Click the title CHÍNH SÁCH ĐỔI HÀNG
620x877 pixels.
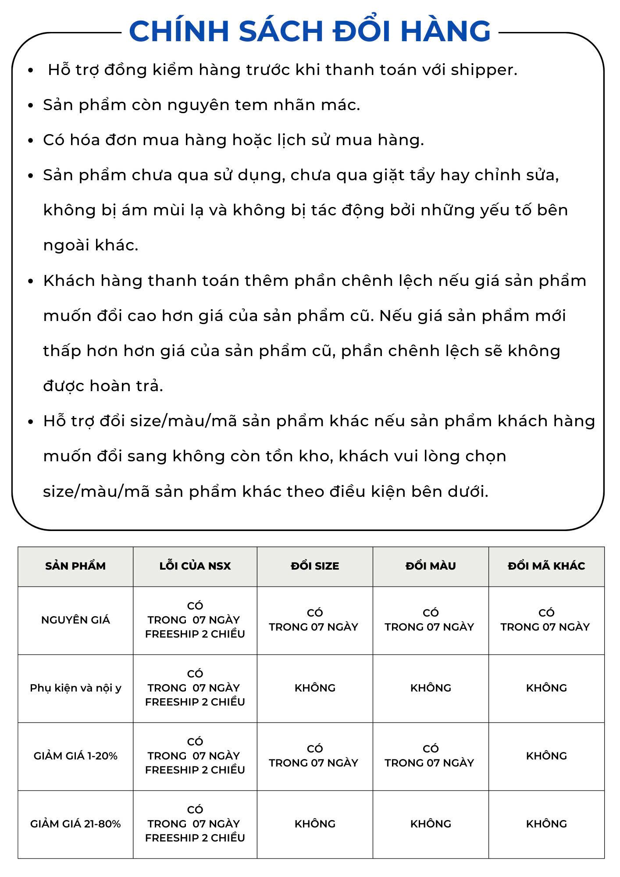310,31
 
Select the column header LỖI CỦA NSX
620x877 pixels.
195,566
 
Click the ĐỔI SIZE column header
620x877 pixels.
315,566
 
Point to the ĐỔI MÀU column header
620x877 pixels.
431,566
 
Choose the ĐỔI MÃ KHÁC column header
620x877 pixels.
546,566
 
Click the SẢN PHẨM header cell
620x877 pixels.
75,566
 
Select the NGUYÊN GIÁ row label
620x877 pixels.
75,620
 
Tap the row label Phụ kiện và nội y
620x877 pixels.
75,688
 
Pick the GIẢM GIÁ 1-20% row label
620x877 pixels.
75,756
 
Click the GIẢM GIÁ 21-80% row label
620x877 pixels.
75,824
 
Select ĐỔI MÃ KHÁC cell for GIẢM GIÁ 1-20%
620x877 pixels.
546,756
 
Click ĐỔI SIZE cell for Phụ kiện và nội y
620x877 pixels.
315,688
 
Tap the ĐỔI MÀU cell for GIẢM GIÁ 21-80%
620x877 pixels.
431,824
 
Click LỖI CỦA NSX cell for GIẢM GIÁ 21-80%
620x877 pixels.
195,824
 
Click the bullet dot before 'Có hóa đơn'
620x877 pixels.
31,141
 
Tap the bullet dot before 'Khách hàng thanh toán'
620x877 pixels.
31,281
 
